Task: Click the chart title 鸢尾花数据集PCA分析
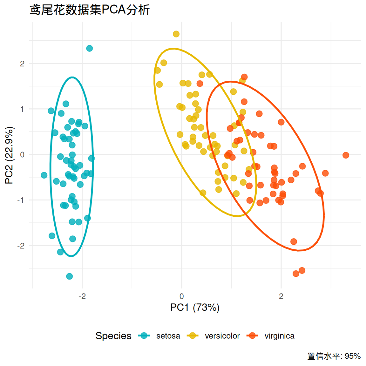click(x=90, y=10)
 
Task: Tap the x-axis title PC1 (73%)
click(x=195, y=308)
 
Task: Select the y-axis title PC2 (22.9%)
click(x=9, y=155)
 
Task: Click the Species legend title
click(x=113, y=336)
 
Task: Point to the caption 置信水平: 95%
click(x=334, y=356)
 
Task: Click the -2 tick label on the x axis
click(x=82, y=296)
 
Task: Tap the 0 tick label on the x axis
click(x=182, y=296)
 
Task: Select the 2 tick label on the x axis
click(x=281, y=296)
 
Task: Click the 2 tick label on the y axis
click(x=22, y=64)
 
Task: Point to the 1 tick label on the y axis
click(x=22, y=109)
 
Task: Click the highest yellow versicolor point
click(x=176, y=34)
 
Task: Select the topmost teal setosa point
click(x=90, y=48)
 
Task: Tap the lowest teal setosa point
click(x=70, y=276)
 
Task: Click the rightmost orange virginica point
click(x=346, y=155)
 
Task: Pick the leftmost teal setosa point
click(x=44, y=175)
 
